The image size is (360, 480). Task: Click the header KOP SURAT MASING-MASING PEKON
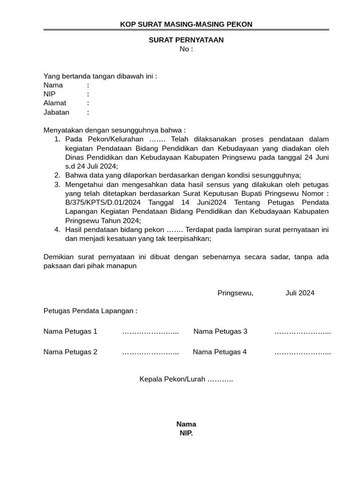186,24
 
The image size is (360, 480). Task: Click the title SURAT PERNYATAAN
186,40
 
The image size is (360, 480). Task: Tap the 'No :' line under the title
186,49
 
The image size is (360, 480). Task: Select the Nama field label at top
53,85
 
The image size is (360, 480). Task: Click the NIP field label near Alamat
49,94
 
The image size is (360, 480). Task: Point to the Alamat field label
55,103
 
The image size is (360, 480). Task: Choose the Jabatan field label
56,112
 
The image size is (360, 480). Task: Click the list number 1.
57,139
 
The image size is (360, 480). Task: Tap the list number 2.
57,175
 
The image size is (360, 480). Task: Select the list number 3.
57,185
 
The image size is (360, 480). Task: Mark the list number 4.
57,230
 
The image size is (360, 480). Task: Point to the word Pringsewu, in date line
235,293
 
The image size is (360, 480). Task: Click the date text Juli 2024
300,293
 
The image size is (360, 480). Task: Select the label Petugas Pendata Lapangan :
90,311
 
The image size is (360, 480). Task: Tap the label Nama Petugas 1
70,331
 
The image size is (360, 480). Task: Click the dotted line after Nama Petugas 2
150,352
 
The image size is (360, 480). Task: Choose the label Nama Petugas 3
220,331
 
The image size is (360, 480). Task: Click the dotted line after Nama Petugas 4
302,352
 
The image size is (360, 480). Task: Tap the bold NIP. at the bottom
186,433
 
